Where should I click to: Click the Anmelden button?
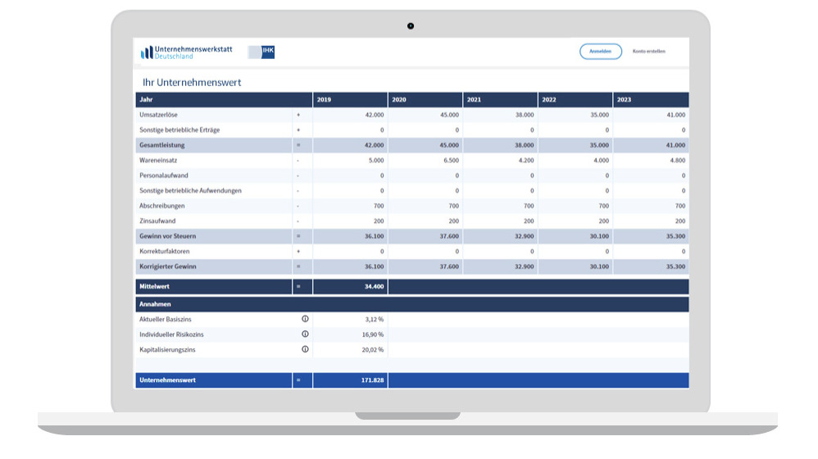tap(600, 52)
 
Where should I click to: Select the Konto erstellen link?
tap(648, 52)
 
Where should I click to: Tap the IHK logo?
tap(261, 52)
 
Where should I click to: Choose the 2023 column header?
tap(625, 100)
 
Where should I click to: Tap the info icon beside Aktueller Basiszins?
tap(305, 319)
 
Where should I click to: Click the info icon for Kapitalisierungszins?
tap(305, 349)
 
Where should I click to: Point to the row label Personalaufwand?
tap(164, 175)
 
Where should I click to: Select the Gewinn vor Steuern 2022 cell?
tap(598, 236)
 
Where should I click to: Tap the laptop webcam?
tap(411, 26)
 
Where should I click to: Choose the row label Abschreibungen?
tap(162, 206)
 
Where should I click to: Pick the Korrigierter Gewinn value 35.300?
tap(675, 266)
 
